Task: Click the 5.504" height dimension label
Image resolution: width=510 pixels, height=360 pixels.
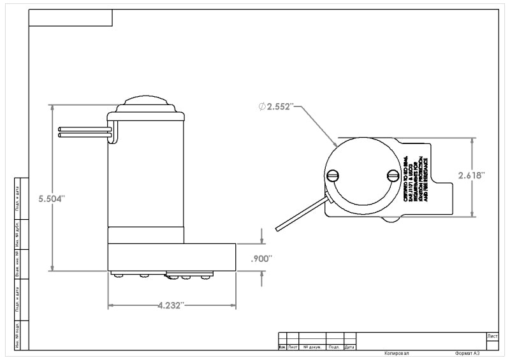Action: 52,199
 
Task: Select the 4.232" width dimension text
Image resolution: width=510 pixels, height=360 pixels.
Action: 171,306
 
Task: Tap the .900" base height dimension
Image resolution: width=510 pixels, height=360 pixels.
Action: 261,259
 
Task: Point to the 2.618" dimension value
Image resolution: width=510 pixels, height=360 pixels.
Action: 472,175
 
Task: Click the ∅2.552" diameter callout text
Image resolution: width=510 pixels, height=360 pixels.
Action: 276,106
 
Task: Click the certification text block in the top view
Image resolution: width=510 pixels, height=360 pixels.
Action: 416,180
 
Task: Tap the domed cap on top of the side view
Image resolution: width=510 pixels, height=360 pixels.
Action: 146,104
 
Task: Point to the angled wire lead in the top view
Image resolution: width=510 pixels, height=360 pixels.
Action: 300,215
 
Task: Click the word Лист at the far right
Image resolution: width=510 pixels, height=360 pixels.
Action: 492,336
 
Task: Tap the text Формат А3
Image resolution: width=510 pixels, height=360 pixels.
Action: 467,354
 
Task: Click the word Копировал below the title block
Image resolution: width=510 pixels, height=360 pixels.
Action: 397,354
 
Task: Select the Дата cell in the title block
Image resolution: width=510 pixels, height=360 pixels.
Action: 349,347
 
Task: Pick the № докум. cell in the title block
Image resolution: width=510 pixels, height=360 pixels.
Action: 312,347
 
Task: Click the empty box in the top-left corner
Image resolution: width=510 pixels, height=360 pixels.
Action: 71,18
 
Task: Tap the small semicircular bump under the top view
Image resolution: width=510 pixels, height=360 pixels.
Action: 392,221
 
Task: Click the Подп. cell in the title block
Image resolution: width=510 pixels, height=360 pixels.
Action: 334,347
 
